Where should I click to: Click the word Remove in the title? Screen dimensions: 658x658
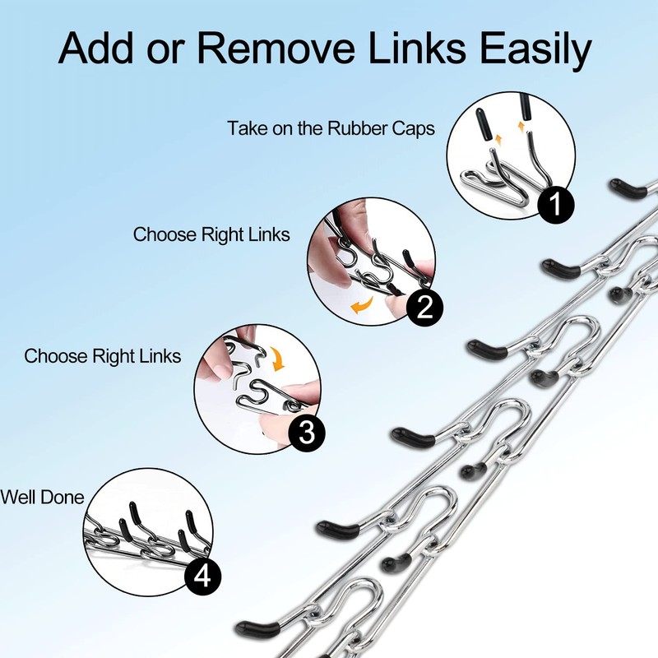coord(276,48)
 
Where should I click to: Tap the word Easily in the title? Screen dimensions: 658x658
coord(535,50)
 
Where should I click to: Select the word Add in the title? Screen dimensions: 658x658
coord(96,48)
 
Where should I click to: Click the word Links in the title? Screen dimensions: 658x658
coord(417,48)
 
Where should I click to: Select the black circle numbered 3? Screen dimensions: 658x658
coord(307,432)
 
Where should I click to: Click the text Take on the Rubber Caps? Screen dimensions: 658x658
coord(331,128)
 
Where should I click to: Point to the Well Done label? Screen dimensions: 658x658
coord(43,498)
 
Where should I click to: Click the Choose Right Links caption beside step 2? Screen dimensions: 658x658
coord(211,235)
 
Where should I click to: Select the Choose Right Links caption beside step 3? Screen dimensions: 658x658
coord(102,357)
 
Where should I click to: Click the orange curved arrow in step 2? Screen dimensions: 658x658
coord(361,305)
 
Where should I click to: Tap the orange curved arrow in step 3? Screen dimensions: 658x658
coord(277,359)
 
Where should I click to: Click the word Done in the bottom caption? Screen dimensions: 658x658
coord(63,498)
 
